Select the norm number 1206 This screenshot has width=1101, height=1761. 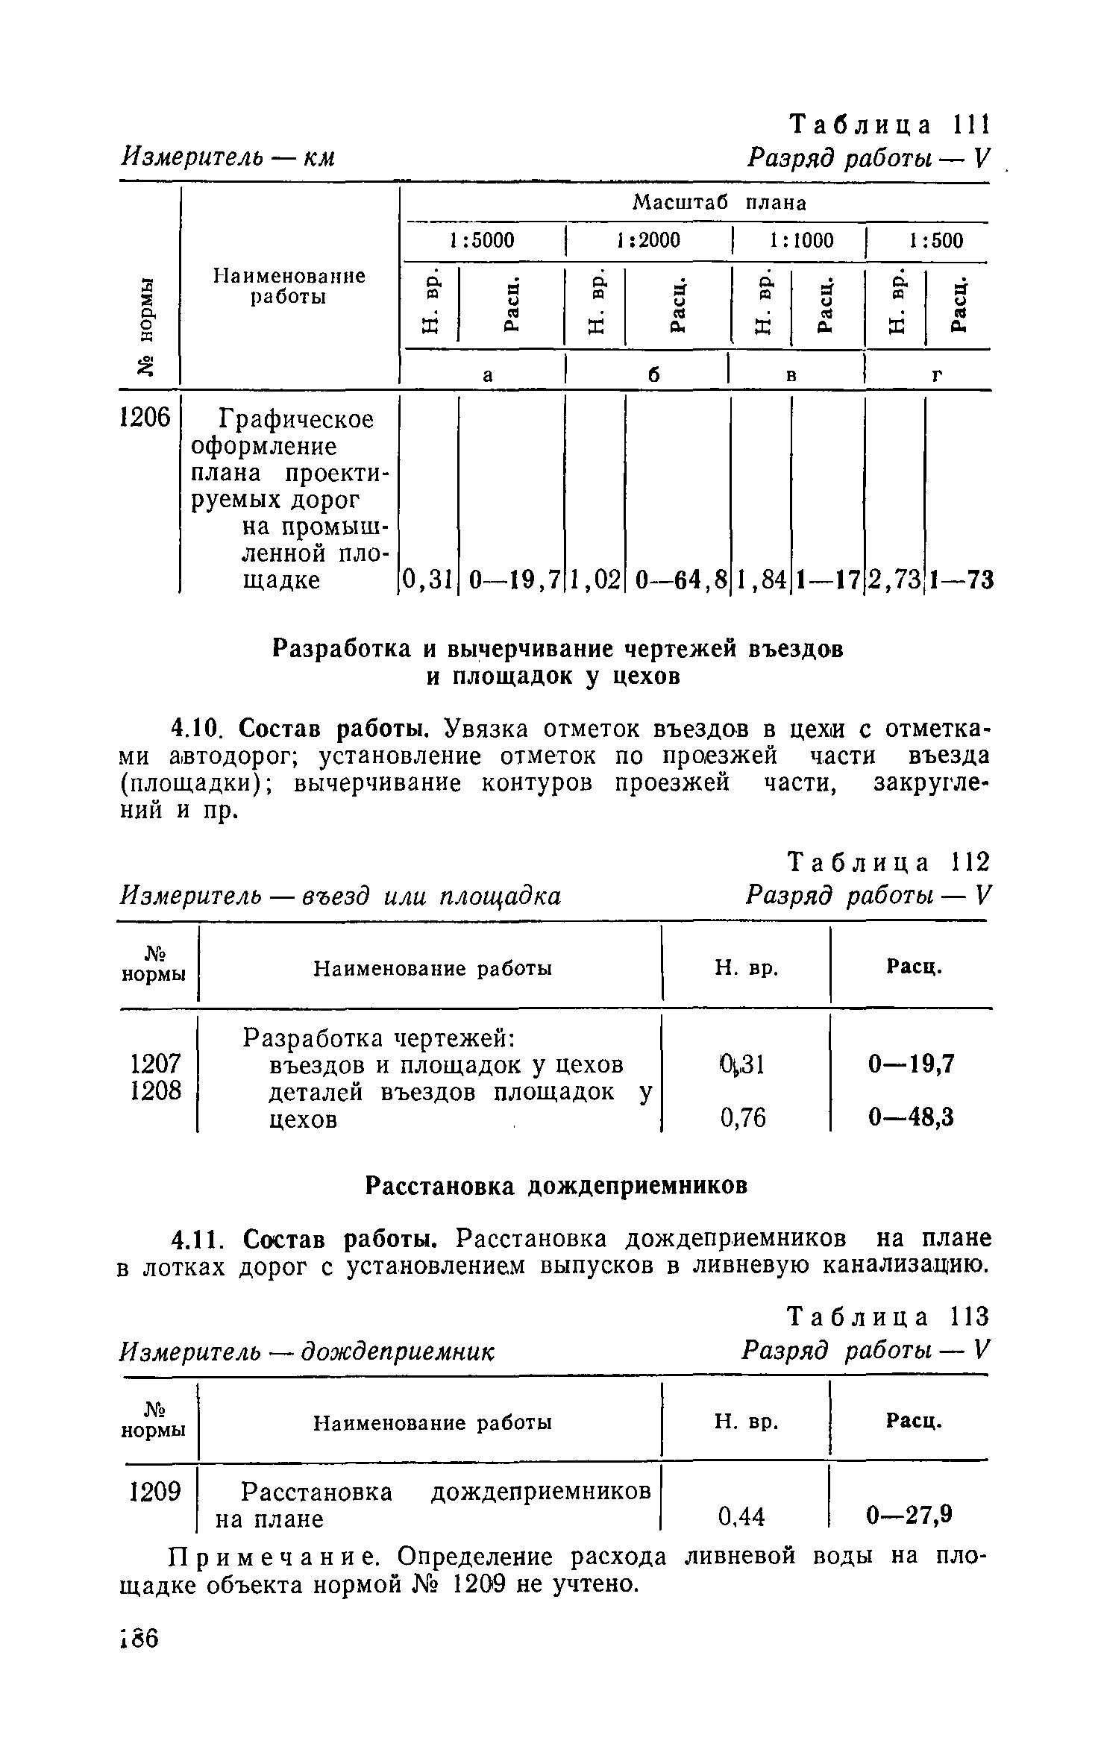[145, 418]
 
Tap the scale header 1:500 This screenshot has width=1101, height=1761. [936, 241]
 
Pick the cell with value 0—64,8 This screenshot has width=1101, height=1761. [677, 579]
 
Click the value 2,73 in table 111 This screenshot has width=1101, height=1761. [894, 579]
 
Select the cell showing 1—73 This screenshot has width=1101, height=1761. [962, 579]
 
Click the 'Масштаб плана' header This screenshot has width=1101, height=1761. [719, 203]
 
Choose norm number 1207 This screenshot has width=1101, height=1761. [155, 1064]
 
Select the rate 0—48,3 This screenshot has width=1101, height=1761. [910, 1117]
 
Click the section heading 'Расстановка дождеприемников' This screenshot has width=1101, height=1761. [556, 1186]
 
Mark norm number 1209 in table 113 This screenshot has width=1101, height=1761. [155, 1492]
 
